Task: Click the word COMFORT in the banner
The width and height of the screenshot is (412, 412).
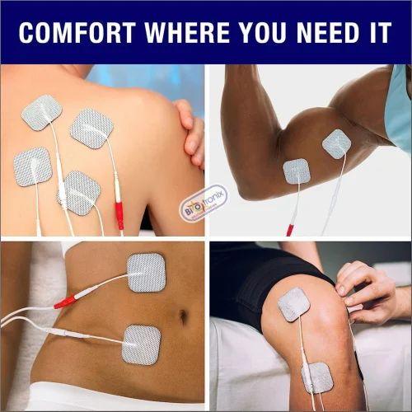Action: tap(77, 32)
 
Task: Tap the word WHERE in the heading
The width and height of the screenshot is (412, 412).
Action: tap(187, 32)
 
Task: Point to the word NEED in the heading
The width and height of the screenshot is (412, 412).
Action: tap(328, 32)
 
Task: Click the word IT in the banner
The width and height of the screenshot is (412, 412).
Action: tap(379, 32)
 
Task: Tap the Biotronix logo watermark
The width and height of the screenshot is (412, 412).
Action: tap(204, 203)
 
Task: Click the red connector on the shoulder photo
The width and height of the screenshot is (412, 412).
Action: tap(119, 215)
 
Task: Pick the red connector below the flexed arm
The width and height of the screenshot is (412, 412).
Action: tap(290, 230)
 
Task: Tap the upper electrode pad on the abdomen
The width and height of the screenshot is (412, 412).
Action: tap(147, 272)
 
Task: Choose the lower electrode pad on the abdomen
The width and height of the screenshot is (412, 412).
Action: tap(141, 345)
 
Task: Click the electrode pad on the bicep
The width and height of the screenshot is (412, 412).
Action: tap(337, 144)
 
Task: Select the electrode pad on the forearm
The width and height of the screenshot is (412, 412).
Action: tap(297, 171)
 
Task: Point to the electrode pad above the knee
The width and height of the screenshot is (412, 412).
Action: tap(294, 304)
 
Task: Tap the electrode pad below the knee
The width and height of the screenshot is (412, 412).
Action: tap(317, 377)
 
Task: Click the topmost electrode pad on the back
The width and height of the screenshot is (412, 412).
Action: tap(42, 113)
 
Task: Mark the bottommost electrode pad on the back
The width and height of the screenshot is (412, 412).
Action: tap(80, 193)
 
